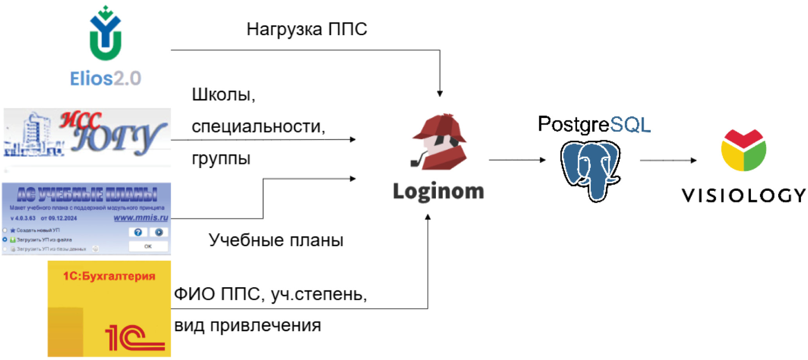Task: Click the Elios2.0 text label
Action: coord(106,79)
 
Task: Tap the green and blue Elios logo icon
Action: coord(105,34)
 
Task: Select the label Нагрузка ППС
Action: coord(306,29)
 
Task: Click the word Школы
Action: coord(223,95)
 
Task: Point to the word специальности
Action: coord(258,127)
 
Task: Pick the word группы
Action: coord(221,158)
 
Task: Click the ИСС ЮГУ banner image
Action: coord(87,137)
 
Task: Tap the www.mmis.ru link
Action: coord(141,218)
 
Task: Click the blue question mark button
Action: coord(138,232)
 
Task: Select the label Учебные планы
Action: coord(276,240)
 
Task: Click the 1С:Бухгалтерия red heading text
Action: coord(109,276)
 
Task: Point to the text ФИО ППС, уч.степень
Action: coord(270,294)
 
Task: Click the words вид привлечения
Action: coord(247,326)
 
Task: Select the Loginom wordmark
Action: coord(438,192)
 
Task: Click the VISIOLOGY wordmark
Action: coord(744,195)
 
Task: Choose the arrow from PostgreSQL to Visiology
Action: coord(668,160)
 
